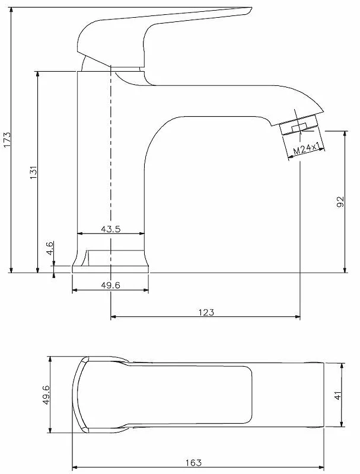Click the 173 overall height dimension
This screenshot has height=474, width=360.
click(x=7, y=139)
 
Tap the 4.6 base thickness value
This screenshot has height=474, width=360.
click(x=50, y=248)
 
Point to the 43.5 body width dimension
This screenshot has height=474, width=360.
click(x=110, y=229)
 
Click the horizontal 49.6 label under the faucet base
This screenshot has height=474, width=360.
click(x=110, y=285)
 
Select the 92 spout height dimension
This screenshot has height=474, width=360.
click(x=340, y=202)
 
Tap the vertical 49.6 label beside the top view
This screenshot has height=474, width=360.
click(x=46, y=395)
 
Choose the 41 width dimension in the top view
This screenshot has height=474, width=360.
click(x=337, y=395)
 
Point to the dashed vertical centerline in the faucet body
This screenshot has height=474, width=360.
click(x=110, y=148)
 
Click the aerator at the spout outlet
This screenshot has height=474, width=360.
click(x=300, y=125)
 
